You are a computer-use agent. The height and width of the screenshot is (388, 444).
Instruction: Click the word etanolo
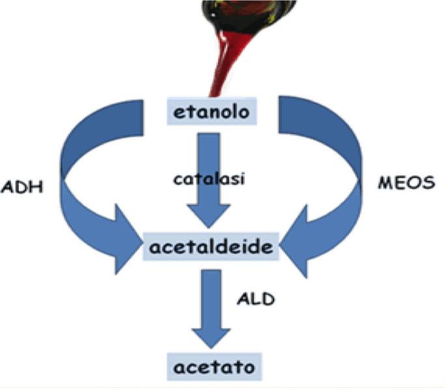click(211, 112)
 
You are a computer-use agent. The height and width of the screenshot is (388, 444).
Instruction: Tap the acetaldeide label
click(211, 246)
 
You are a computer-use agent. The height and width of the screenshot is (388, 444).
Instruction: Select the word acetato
click(214, 367)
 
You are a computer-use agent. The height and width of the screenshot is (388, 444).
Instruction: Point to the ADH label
click(22, 187)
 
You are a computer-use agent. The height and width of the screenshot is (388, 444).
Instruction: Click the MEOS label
click(406, 182)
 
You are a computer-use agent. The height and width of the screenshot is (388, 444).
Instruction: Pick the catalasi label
click(209, 179)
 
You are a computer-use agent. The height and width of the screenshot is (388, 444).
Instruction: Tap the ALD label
click(256, 299)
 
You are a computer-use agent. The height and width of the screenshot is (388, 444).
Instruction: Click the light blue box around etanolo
click(212, 111)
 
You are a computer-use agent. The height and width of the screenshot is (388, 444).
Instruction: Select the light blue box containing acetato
click(214, 367)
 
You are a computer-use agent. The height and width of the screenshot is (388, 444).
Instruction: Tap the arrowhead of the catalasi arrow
click(209, 215)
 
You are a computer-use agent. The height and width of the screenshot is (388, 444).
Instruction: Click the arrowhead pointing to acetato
click(211, 338)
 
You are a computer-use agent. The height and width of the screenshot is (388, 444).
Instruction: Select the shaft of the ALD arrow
click(211, 299)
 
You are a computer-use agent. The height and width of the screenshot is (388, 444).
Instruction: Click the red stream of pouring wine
click(227, 64)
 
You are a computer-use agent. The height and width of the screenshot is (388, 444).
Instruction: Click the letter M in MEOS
click(386, 183)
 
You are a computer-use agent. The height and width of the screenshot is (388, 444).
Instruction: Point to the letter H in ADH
click(36, 187)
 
